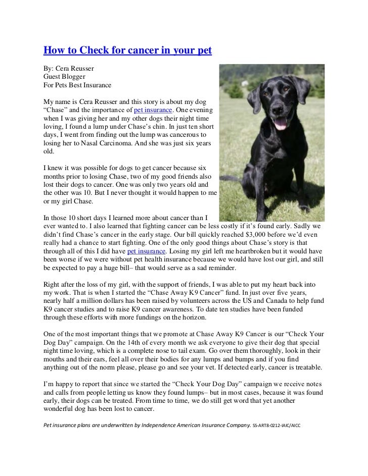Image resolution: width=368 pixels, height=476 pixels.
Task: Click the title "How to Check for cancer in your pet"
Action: click(127, 51)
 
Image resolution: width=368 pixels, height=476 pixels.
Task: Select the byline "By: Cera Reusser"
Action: click(69, 68)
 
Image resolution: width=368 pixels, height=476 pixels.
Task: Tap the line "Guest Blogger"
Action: click(64, 76)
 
